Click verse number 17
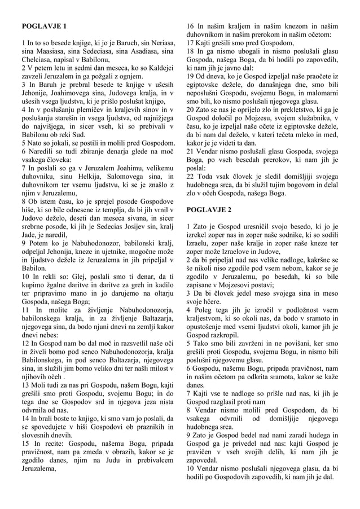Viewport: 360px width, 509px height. click(x=190, y=43)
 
